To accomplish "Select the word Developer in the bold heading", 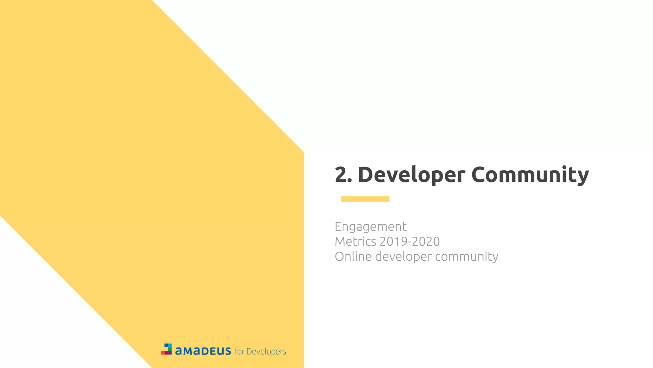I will (x=411, y=175).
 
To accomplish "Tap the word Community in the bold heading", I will (x=530, y=175).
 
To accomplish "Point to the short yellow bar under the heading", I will (x=365, y=199).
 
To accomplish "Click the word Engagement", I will (x=371, y=227).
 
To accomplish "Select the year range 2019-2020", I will (x=409, y=241).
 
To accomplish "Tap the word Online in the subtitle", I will (x=353, y=257).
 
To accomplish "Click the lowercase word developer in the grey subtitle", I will (x=403, y=257).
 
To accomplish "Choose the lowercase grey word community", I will (x=466, y=257).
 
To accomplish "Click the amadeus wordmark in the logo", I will (x=203, y=351).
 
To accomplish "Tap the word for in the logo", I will (x=239, y=351).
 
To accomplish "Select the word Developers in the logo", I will (x=266, y=352).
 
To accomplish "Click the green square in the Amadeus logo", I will (x=170, y=349).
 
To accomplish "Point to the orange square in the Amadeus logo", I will (x=162, y=353).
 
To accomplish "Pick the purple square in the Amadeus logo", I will (x=170, y=353).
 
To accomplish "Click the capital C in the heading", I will (x=480, y=175).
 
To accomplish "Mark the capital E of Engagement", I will (x=338, y=226).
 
